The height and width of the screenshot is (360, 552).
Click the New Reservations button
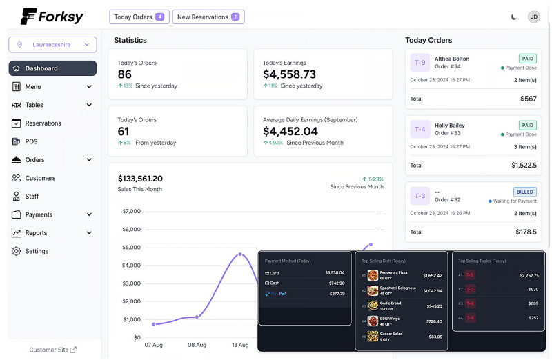click(x=208, y=17)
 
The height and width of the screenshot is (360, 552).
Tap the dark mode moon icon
click(x=514, y=17)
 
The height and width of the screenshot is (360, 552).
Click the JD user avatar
click(x=534, y=17)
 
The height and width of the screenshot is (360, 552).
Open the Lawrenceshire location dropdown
click(x=52, y=45)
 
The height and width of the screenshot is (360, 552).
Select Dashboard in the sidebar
click(x=52, y=68)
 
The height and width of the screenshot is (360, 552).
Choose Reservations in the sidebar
click(x=43, y=123)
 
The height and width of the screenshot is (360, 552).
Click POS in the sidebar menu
click(x=31, y=141)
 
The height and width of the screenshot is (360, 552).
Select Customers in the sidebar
click(x=40, y=178)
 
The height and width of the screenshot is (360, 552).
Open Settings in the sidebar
click(x=37, y=251)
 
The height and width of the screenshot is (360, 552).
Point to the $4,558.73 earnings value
click(x=289, y=74)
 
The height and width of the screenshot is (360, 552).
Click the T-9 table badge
click(x=420, y=63)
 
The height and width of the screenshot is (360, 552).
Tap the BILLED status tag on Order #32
click(x=525, y=192)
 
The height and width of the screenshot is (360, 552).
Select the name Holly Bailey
click(x=449, y=126)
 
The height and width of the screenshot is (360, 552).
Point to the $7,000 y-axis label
click(x=131, y=211)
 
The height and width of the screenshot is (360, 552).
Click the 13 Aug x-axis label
click(x=240, y=345)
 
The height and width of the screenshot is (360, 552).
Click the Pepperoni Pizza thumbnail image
click(x=373, y=275)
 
